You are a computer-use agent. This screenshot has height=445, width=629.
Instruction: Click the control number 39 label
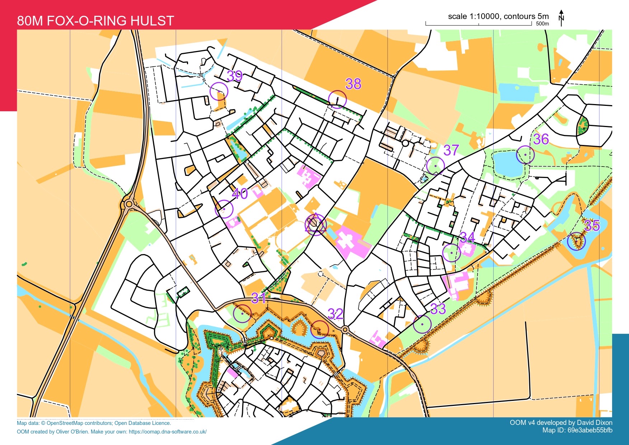pos(235,76)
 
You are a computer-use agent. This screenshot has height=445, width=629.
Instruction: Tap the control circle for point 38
pos(337,99)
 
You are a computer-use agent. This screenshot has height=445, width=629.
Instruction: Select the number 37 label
pos(451,150)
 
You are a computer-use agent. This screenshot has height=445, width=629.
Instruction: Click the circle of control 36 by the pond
pos(525,155)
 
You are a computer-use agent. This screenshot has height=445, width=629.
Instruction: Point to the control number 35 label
pos(592,226)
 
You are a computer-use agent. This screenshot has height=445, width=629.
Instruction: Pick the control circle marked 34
pos(452,253)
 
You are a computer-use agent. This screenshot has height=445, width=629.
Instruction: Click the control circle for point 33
pos(422,324)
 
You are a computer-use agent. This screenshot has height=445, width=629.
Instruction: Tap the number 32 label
pos(335,314)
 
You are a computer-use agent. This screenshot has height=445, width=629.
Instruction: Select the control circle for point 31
pos(242,314)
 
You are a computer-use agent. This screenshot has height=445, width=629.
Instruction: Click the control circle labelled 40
pos(224,209)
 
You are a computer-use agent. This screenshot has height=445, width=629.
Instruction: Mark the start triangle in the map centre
pos(315,223)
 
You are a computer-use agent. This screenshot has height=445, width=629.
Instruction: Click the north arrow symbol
pos(562,18)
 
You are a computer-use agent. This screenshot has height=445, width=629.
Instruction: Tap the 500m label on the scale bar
pos(542,24)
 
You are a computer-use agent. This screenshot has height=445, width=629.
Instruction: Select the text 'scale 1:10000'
pos(473,16)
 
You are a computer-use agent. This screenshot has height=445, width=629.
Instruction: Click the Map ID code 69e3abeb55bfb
pos(590,430)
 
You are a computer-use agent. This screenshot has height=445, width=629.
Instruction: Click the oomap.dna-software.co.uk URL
pos(168,432)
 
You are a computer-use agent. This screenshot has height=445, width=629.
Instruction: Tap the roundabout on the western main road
pos(129,205)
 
